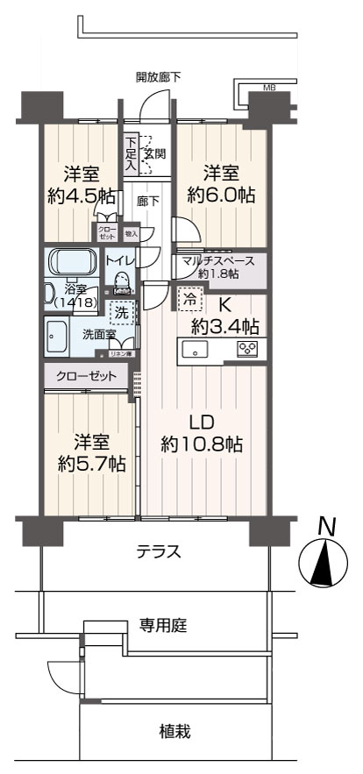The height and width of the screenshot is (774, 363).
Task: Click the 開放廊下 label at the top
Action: [159, 77]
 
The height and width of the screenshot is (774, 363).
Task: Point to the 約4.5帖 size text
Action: [80, 195]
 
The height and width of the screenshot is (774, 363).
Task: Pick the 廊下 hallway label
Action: [147, 201]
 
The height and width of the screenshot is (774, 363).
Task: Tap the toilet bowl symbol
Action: [119, 278]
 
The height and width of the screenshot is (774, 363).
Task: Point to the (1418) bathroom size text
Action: [71, 302]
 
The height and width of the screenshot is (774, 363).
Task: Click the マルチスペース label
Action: [218, 260]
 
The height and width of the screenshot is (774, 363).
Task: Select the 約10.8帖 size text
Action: [202, 444]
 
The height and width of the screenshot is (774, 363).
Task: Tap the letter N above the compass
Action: [326, 527]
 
